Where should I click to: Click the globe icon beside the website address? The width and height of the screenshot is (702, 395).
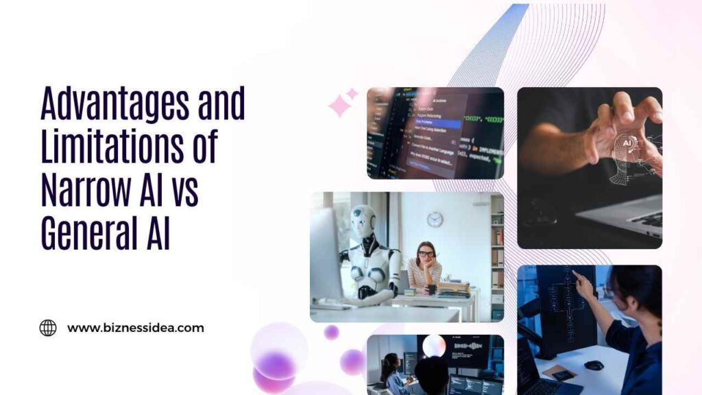[48, 328]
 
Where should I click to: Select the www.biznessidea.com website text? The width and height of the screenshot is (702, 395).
[135, 328]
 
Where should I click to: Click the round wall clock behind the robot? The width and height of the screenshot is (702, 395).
[435, 219]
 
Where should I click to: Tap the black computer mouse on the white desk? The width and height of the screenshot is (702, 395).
[594, 365]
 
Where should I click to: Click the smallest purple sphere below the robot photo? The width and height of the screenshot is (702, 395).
[332, 332]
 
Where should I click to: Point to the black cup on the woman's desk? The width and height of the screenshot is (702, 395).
[431, 290]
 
